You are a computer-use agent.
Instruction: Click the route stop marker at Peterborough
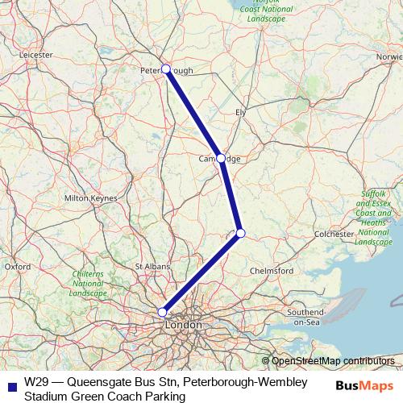(x=166, y=69)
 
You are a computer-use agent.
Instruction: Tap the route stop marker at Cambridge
(x=221, y=158)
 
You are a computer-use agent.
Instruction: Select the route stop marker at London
(x=162, y=312)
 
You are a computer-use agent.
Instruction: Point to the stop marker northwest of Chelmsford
(x=240, y=234)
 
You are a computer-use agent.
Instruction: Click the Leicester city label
(x=34, y=55)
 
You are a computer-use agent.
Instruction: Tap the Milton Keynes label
(x=86, y=197)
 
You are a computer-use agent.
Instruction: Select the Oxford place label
(x=17, y=265)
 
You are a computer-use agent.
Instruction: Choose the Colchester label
(x=333, y=234)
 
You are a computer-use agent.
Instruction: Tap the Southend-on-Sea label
(x=305, y=316)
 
